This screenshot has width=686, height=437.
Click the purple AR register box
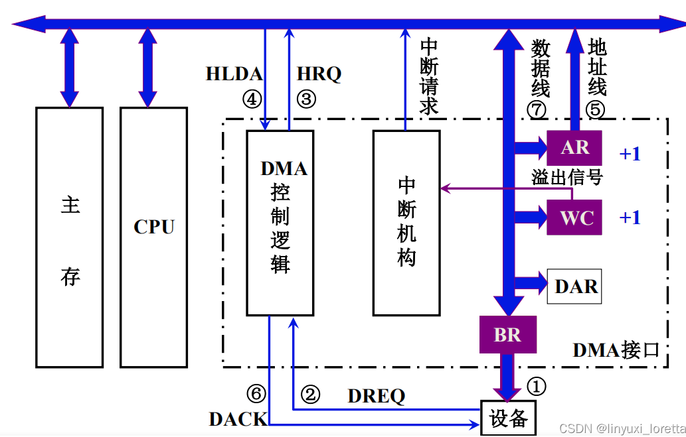coord(574,147)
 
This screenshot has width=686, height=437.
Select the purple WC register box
coord(574,218)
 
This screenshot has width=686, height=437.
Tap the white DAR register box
coord(574,286)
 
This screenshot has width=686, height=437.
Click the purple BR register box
coord(507,335)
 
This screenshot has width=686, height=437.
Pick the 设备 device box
coord(508,418)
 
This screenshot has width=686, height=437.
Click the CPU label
coord(154,227)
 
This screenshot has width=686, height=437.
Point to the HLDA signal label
coord(234,74)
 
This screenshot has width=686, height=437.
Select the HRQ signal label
coord(319,74)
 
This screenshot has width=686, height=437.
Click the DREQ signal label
coord(376,396)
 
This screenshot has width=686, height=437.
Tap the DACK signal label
coord(238,419)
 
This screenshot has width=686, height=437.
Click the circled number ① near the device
coord(536,386)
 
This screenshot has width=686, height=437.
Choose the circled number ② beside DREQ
coord(310,395)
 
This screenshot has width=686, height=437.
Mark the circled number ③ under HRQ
coord(305,99)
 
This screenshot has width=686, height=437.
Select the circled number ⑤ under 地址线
coord(595,109)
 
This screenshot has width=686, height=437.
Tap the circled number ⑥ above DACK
coord(256,394)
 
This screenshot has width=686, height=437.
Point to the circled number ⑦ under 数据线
coord(537,109)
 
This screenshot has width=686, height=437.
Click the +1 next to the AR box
coord(630,154)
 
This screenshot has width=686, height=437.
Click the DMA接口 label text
coord(616,349)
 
